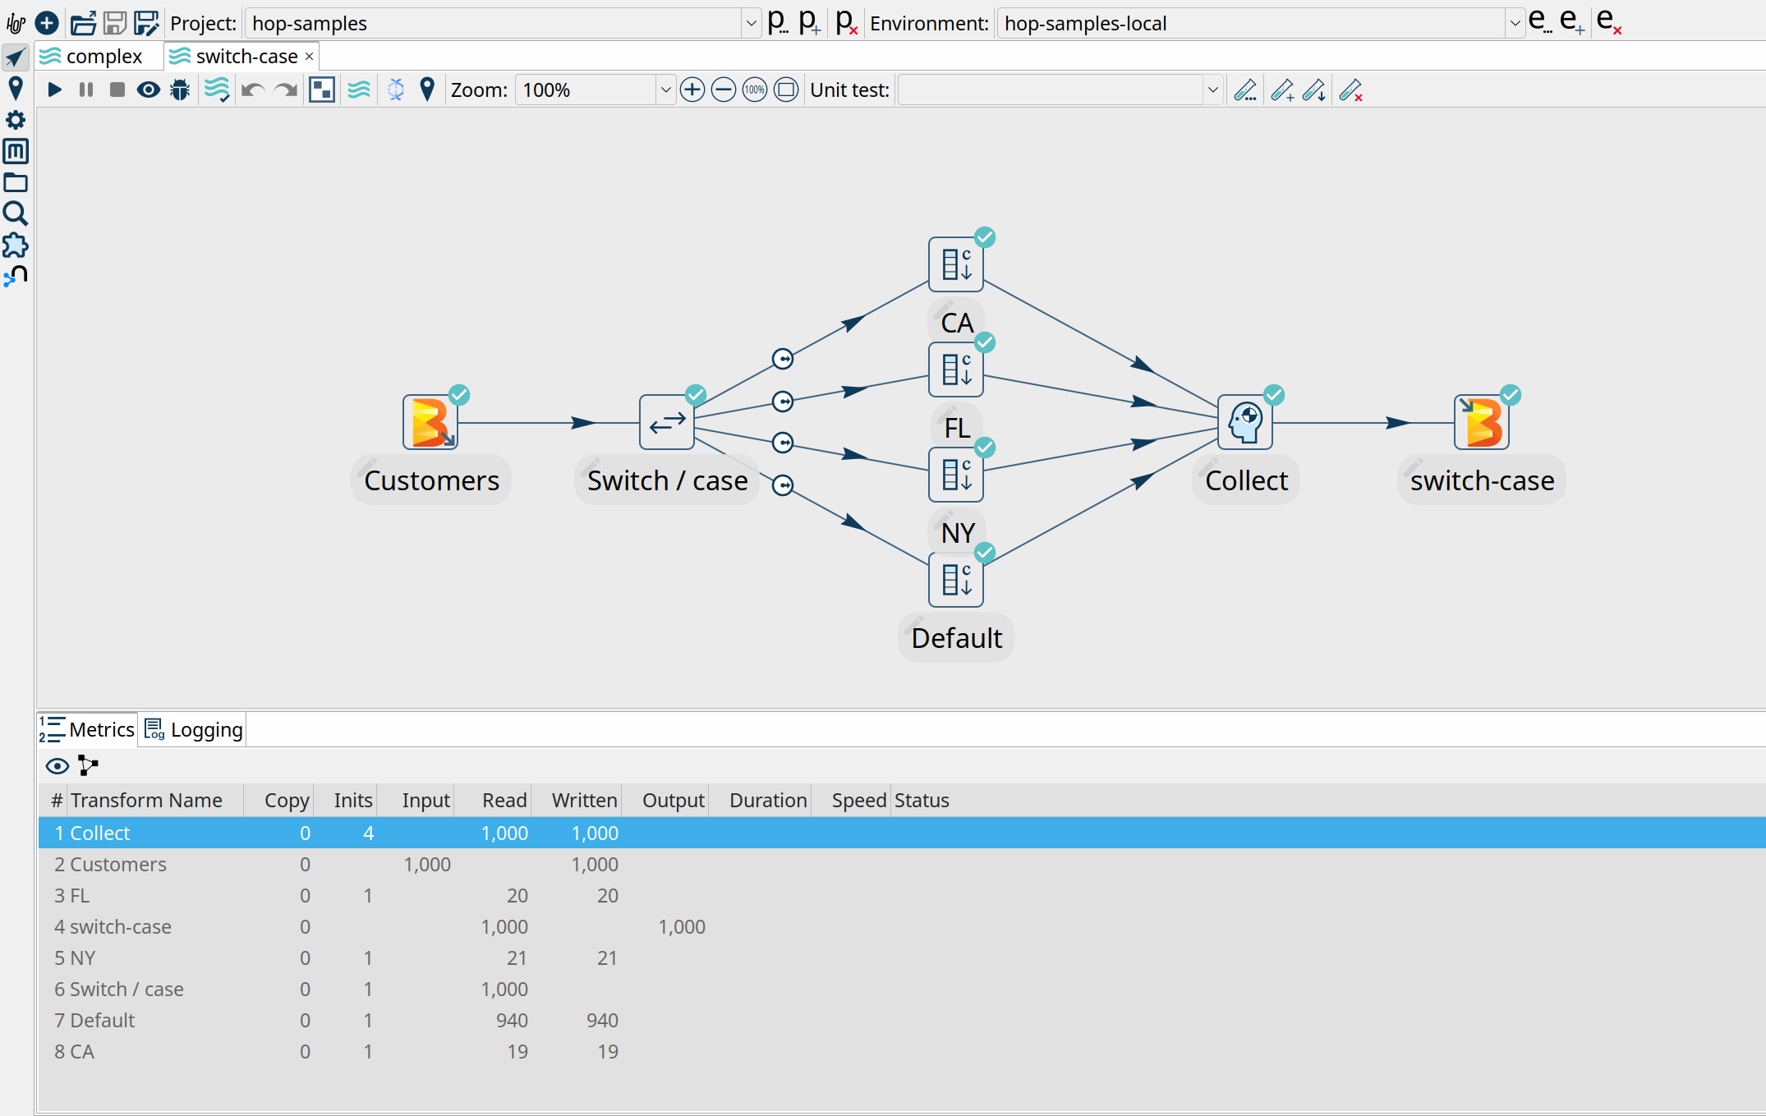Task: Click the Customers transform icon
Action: pyautogui.click(x=430, y=423)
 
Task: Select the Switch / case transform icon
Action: pyautogui.click(x=666, y=423)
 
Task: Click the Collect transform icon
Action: pyautogui.click(x=1245, y=423)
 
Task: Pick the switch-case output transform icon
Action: pyautogui.click(x=1482, y=423)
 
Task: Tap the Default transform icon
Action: pyautogui.click(x=955, y=580)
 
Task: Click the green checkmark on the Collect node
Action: pyautogui.click(x=1274, y=396)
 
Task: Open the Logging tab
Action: pyautogui.click(x=195, y=729)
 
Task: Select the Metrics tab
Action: pyautogui.click(x=88, y=729)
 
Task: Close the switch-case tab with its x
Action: pyautogui.click(x=310, y=57)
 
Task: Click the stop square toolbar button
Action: pyautogui.click(x=117, y=90)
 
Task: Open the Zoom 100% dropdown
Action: pyautogui.click(x=665, y=90)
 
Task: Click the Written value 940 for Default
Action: pyautogui.click(x=602, y=1020)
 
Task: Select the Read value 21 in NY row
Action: pyautogui.click(x=517, y=958)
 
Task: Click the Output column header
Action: pyautogui.click(x=673, y=800)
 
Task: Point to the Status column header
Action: pyautogui.click(x=922, y=800)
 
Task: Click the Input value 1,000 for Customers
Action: pyautogui.click(x=427, y=864)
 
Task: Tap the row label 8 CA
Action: pyautogui.click(x=75, y=1051)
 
